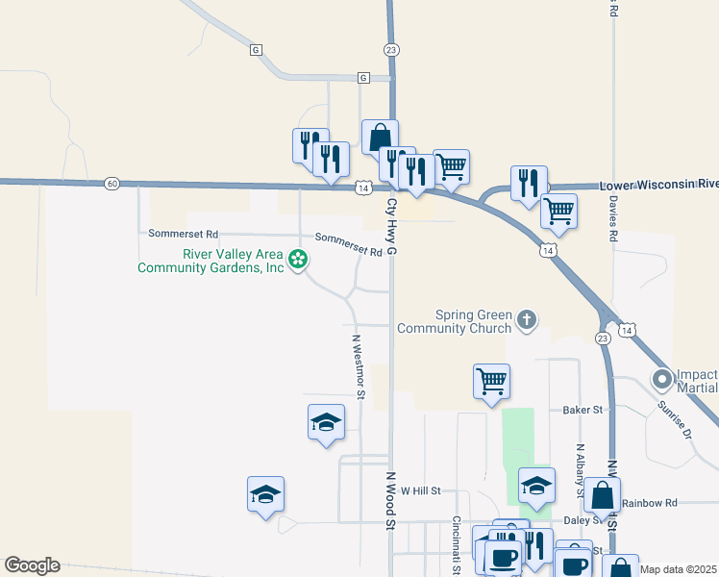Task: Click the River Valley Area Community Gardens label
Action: click(211, 261)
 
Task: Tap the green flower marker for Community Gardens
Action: click(299, 258)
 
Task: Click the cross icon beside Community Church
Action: click(526, 319)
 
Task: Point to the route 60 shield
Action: click(112, 183)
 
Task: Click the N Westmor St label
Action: click(359, 366)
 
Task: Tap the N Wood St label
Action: click(391, 501)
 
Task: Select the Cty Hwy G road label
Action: click(392, 227)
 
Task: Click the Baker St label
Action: click(582, 410)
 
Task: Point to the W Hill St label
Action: click(420, 490)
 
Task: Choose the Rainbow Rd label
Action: click(650, 503)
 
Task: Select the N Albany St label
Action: click(581, 470)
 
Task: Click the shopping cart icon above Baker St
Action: click(491, 381)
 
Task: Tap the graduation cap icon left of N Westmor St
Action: click(326, 421)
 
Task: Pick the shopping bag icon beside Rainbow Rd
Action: click(602, 494)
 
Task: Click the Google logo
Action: click(32, 565)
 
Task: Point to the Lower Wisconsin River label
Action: click(658, 184)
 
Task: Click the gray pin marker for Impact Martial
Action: click(662, 380)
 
